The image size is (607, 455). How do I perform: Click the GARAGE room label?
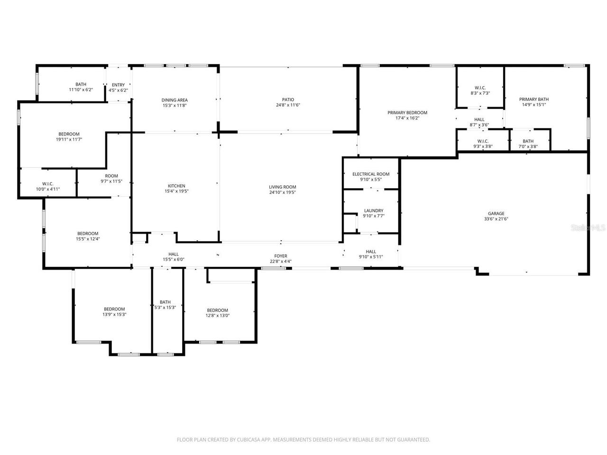point(497,213)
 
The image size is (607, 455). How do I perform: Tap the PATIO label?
point(288,100)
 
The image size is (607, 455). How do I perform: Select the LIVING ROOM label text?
point(283,187)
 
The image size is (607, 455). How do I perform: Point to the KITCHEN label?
point(176,186)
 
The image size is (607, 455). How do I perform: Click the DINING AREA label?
point(175,100)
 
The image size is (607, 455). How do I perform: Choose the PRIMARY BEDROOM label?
point(407,113)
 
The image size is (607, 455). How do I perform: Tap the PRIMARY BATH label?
point(534,99)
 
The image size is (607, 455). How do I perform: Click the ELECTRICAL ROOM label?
point(371,174)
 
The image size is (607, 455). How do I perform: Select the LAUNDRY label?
point(374,210)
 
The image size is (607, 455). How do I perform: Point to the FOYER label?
point(281,256)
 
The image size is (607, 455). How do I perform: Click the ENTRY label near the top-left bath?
point(118,85)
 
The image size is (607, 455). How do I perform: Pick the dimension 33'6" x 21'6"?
point(497,219)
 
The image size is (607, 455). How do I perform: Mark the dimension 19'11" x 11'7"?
point(69,140)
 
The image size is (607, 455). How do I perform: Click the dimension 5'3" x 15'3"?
point(165,308)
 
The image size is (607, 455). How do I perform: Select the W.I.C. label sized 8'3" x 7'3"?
point(480,88)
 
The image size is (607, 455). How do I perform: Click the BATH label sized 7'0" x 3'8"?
point(528,141)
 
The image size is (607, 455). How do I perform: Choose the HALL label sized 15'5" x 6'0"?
point(174,254)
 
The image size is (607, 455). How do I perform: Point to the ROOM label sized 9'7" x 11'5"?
point(111,176)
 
